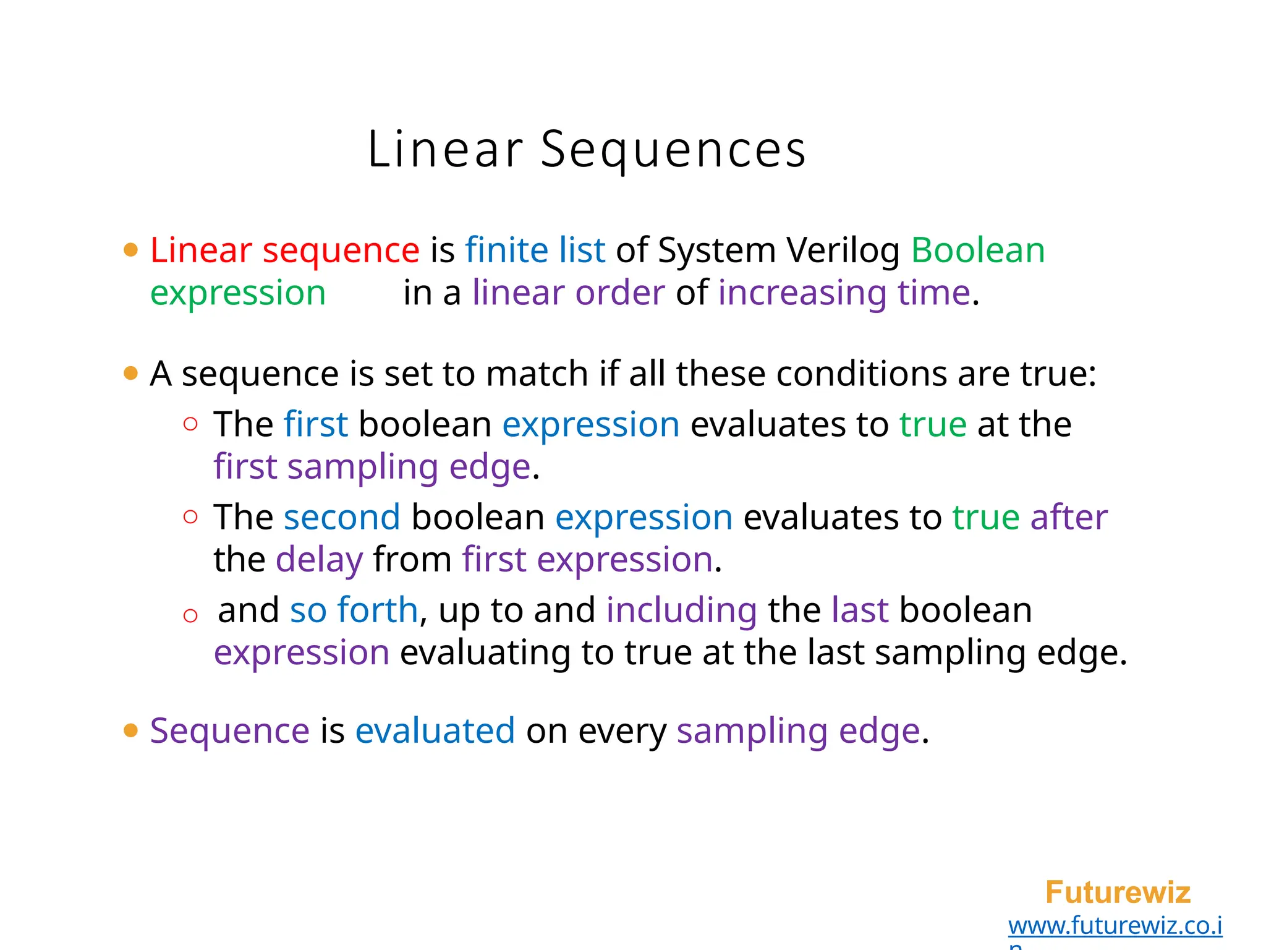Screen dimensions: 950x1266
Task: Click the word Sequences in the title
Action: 673,150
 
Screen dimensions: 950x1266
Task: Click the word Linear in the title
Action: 445,150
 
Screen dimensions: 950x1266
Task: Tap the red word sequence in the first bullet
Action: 341,250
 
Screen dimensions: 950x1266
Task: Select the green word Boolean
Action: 977,250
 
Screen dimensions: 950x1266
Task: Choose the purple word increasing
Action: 802,293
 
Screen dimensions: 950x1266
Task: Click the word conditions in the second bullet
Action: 861,374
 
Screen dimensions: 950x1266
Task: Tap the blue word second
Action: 342,517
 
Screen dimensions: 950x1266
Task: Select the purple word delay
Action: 319,560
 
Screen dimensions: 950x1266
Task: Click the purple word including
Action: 681,610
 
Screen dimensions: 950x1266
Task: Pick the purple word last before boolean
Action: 860,610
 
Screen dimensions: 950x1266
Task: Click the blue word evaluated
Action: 435,731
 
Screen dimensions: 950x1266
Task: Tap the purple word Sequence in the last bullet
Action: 229,731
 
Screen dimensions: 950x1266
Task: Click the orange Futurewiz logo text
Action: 1118,892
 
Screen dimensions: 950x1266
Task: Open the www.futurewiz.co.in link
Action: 1115,926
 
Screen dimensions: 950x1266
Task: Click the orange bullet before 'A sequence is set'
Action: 130,373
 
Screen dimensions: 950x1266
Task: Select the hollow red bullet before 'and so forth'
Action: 190,615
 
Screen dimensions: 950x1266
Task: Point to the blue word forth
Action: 378,610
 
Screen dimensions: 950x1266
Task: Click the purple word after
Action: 1069,517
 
